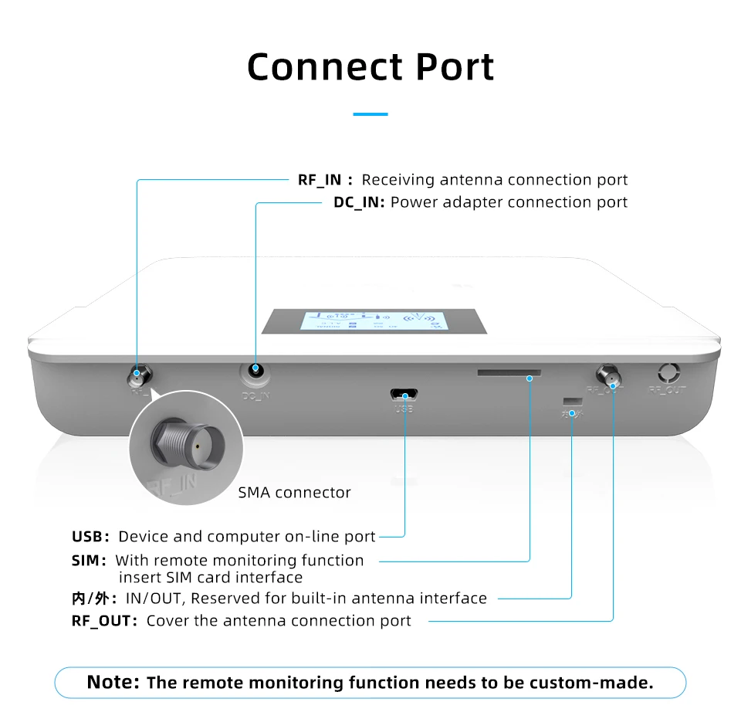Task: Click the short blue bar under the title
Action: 370,114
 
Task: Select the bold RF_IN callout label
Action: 320,180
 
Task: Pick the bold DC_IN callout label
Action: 360,202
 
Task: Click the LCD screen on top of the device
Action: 374,320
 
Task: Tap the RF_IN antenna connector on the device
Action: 139,377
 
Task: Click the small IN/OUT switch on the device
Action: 572,402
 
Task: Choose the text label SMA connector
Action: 294,493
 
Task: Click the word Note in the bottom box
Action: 113,683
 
